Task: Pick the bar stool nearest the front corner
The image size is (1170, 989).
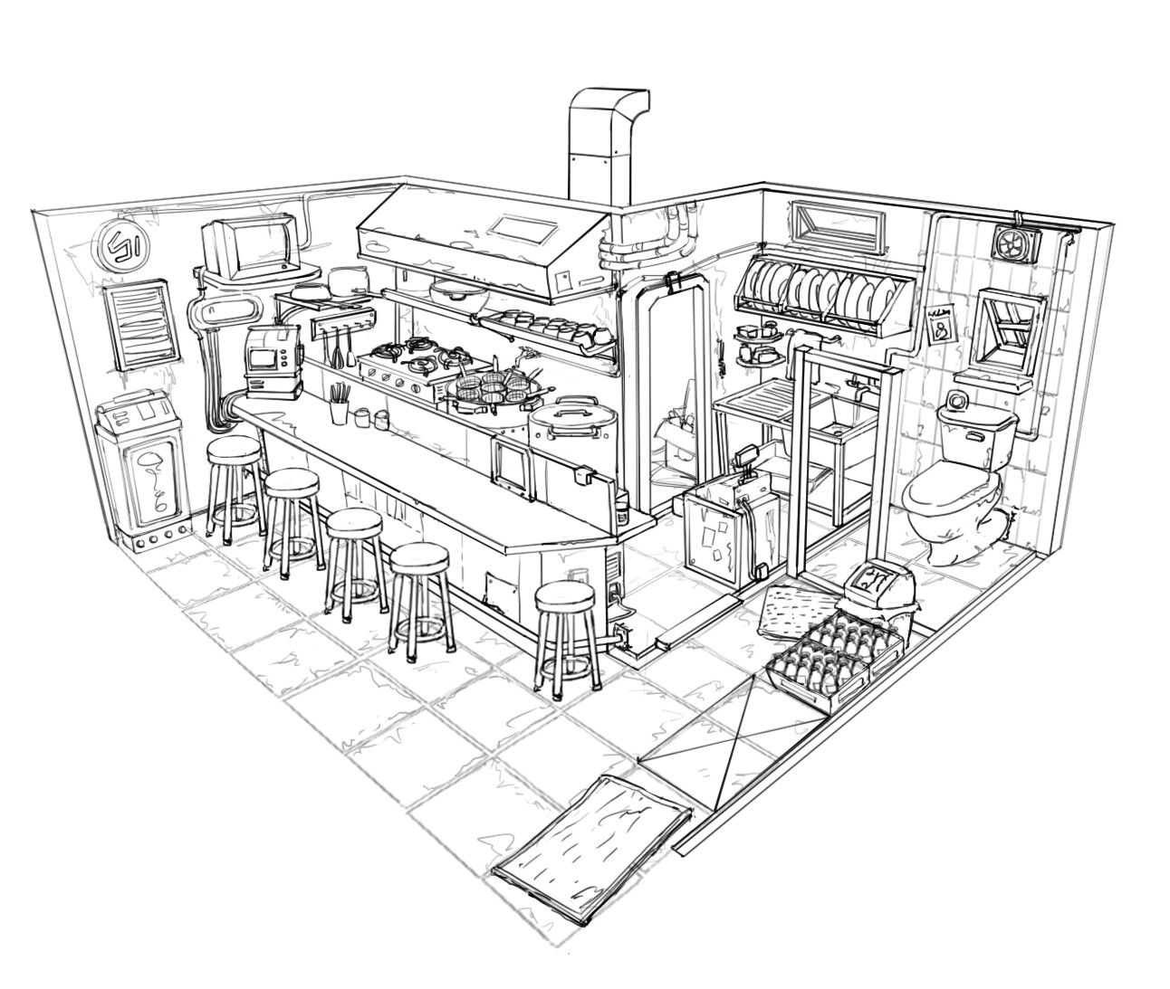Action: click(x=567, y=633)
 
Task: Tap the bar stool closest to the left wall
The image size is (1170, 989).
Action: click(x=234, y=484)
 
